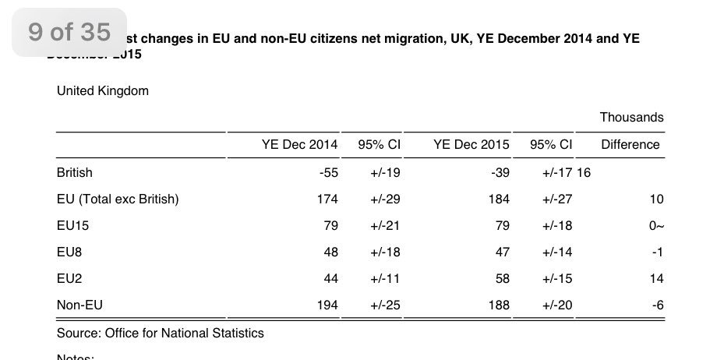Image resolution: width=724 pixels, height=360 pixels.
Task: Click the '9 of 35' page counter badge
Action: tap(69, 32)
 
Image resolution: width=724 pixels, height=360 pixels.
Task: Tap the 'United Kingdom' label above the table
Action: tap(102, 91)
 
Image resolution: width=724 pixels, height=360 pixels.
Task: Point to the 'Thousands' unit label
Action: tap(631, 118)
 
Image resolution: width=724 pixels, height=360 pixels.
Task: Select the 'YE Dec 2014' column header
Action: tap(299, 145)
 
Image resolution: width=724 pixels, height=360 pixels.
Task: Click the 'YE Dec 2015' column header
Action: tap(471, 145)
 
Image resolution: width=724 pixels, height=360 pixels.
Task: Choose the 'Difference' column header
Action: tap(630, 145)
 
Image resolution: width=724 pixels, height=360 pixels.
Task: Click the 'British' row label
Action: tap(74, 173)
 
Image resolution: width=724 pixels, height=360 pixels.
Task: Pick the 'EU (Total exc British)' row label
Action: tap(118, 199)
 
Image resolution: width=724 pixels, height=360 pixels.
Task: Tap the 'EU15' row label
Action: tap(72, 226)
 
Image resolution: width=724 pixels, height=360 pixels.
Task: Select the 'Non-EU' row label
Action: tap(77, 305)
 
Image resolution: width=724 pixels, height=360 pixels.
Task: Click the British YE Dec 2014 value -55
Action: tap(328, 173)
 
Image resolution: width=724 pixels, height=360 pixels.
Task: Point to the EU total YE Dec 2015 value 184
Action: tap(498, 199)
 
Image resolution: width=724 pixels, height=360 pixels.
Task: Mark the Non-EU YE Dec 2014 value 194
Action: tap(327, 305)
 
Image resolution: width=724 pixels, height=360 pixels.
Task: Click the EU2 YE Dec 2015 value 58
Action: tap(501, 279)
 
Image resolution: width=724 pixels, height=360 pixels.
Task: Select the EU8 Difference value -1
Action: tap(656, 252)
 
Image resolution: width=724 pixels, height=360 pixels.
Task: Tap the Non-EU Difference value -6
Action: tap(656, 305)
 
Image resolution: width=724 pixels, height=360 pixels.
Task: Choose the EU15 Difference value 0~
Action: tap(655, 226)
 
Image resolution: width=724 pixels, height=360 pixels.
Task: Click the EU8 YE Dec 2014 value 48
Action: tap(330, 252)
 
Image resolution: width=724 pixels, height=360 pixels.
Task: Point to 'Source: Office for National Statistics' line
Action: tap(160, 334)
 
